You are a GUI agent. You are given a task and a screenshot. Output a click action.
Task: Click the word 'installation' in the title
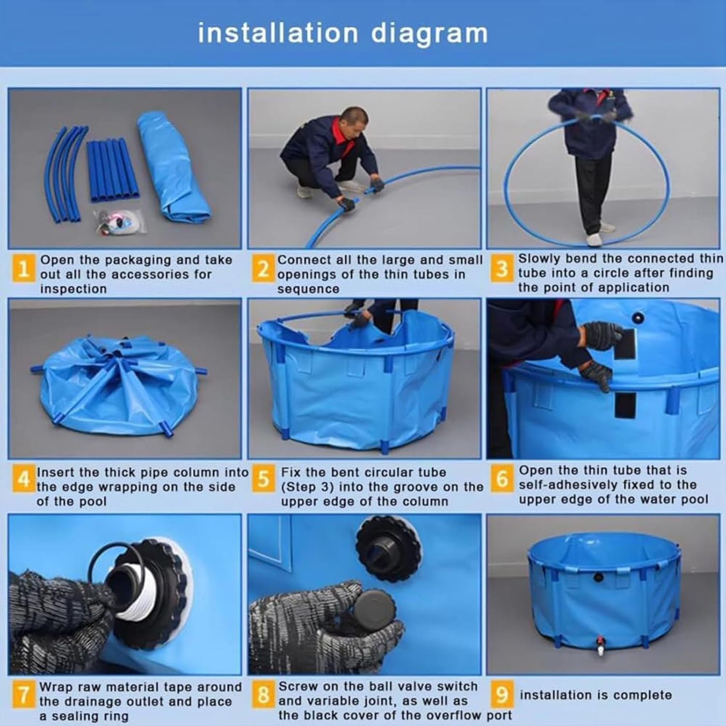pos(278,33)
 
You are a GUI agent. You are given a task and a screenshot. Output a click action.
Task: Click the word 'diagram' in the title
pos(429,34)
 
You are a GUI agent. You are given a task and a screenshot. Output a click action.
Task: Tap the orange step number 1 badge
pos(23,268)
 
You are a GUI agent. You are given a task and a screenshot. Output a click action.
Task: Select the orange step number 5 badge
pos(263,479)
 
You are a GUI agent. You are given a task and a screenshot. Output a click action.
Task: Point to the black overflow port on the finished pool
pos(599,577)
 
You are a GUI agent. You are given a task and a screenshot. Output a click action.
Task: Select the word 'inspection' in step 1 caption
pos(73,289)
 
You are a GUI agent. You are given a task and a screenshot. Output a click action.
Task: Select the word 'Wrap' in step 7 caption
pos(55,687)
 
